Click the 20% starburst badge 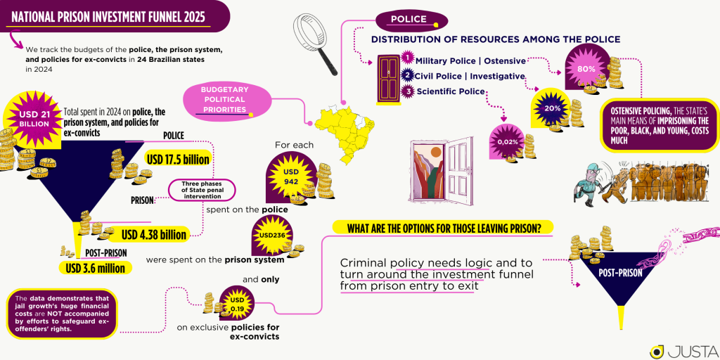click(x=553, y=109)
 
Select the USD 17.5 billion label click(x=178, y=160)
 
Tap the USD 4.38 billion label click(x=154, y=235)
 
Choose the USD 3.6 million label click(x=95, y=268)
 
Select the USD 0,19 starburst click(x=238, y=304)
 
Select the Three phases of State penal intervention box click(x=201, y=190)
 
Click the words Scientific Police click(x=450, y=91)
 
